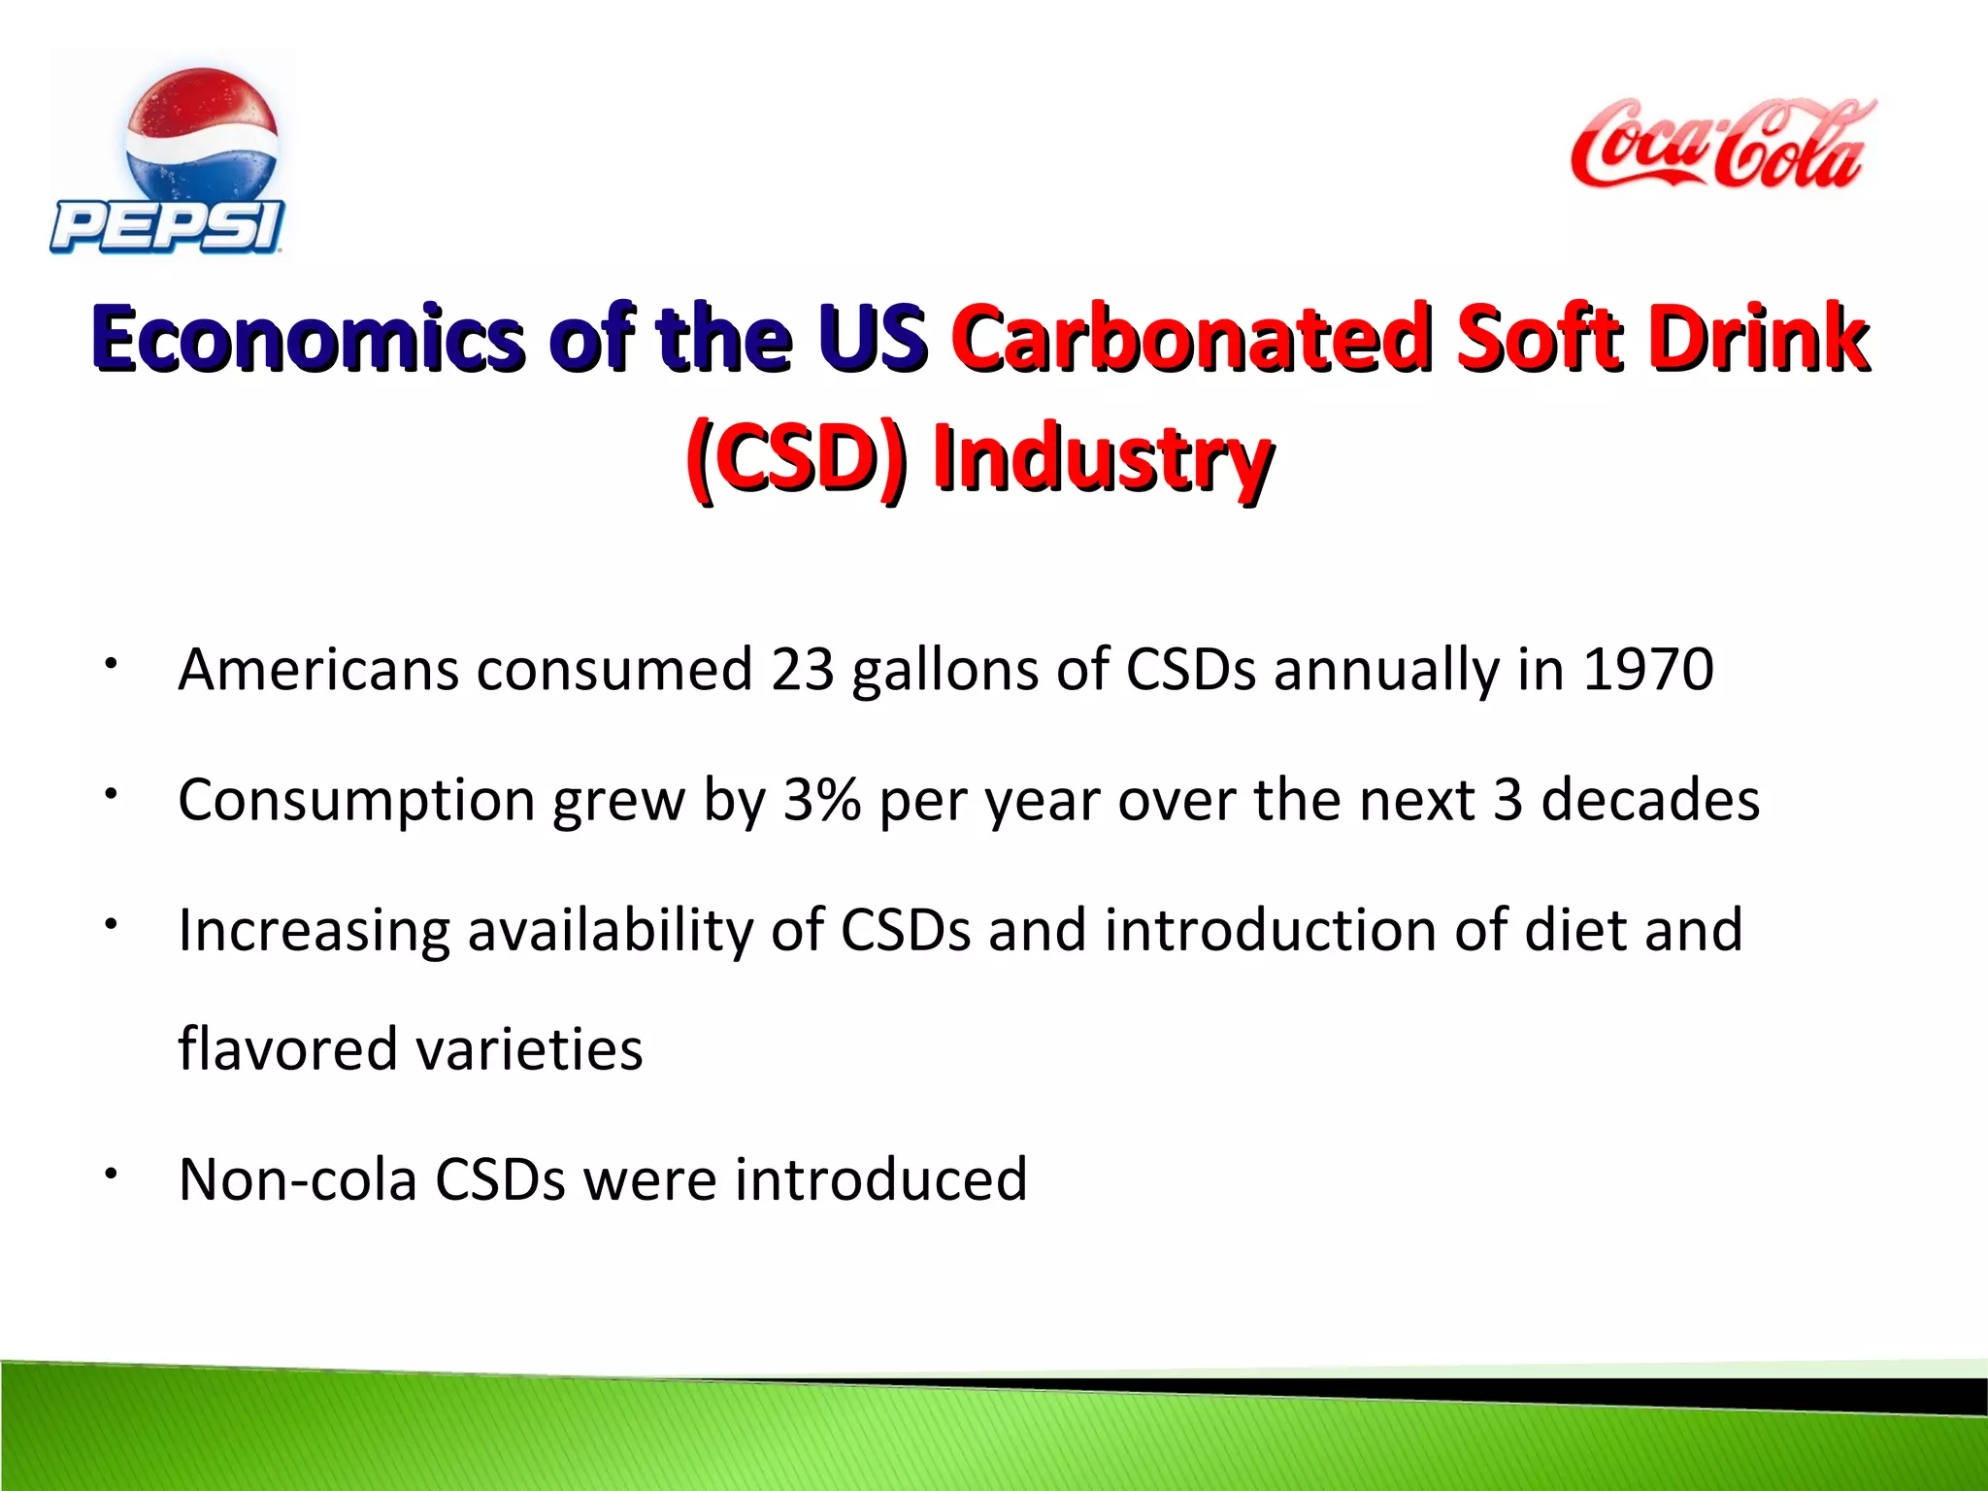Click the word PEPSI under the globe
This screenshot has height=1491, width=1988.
(x=167, y=227)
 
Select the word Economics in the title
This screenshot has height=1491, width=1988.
(x=311, y=339)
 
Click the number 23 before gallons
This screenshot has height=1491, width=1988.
(x=802, y=670)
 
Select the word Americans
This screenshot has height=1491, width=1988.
(x=318, y=670)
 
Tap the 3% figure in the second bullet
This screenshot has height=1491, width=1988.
(x=821, y=801)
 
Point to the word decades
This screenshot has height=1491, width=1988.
(x=1649, y=801)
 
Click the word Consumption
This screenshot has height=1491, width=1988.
(x=356, y=801)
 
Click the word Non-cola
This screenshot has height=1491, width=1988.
(x=298, y=1180)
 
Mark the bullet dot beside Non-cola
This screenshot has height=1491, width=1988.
(x=113, y=1175)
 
